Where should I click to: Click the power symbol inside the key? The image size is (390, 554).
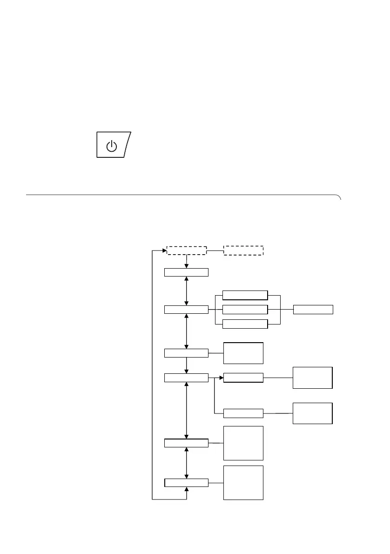pos(111,146)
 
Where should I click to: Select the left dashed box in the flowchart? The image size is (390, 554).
pos(187,250)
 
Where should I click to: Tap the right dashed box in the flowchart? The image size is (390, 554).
pos(243,250)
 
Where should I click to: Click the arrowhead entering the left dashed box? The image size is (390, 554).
pos(164,250)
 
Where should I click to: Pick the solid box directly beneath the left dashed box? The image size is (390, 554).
pos(186,272)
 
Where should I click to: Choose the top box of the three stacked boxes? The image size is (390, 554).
pos(245,295)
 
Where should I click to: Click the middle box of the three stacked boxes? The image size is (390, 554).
pos(245,310)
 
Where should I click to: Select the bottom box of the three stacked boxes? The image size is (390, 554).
pos(245,324)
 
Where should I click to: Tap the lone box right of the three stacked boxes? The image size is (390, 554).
pos(313,310)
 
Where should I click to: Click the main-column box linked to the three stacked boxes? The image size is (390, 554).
pos(186,310)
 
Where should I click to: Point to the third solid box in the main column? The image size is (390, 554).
pos(186,353)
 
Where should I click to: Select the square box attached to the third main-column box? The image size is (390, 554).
pos(243,353)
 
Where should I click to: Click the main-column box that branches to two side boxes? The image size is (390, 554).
pos(186,378)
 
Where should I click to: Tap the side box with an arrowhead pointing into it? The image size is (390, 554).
pos(243,378)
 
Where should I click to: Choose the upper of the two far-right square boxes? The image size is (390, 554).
pos(312,378)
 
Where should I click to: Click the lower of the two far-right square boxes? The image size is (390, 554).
pos(312,413)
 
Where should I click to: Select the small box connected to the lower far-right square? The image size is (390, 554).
pos(243,413)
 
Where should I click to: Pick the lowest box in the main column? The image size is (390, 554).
pos(186,483)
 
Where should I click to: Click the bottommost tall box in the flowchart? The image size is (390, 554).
pos(243,483)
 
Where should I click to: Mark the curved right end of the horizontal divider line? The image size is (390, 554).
pos(339,197)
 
